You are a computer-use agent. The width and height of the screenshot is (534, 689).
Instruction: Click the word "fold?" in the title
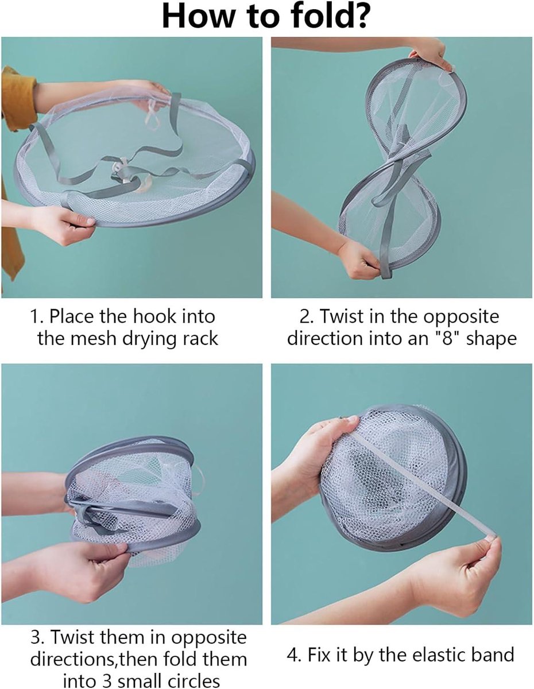click(330, 17)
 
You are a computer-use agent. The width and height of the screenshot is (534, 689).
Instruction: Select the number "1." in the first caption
click(37, 316)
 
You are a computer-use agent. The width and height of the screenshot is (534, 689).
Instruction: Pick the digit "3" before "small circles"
click(106, 680)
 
